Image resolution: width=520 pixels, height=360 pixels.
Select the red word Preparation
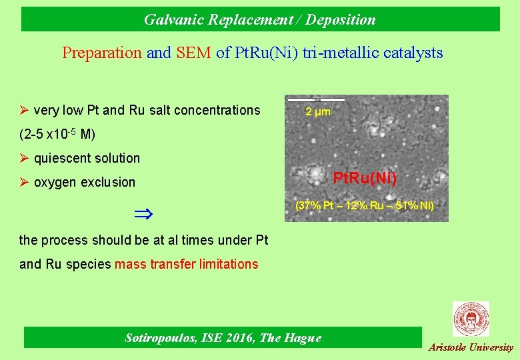102,53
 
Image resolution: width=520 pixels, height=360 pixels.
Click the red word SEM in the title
194,53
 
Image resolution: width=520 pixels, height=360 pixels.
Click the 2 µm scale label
317,112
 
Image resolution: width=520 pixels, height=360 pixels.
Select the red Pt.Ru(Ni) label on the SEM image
365,179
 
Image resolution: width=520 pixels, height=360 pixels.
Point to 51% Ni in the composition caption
413,206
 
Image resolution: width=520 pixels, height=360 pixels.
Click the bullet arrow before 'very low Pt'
24,110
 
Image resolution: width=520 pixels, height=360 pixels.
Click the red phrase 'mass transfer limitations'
186,264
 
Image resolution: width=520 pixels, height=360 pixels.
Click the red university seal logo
471,319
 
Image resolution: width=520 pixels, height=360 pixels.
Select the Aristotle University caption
471,347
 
